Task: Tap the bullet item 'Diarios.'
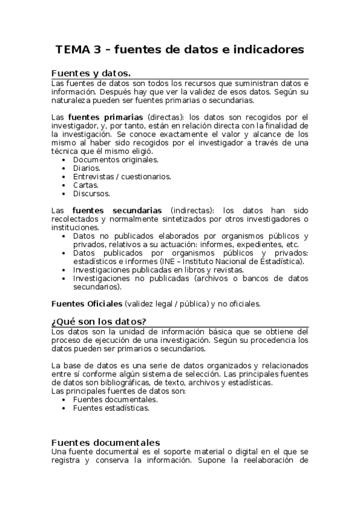coord(87,168)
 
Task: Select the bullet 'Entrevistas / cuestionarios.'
coord(122,176)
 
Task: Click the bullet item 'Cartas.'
coord(86,185)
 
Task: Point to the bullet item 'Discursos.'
coord(91,194)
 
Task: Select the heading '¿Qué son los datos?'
coord(99,321)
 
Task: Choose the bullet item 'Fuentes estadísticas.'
coord(111,408)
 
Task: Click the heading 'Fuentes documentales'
coord(105,442)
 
